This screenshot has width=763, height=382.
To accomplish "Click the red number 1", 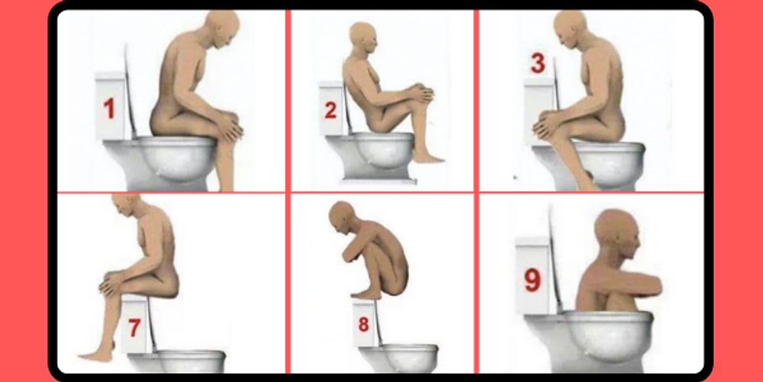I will (109, 109).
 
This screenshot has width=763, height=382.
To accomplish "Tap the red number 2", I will (330, 110).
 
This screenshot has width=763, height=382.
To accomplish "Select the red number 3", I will (537, 64).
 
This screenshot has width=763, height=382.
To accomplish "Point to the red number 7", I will (134, 329).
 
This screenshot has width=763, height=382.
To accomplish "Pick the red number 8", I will (363, 324).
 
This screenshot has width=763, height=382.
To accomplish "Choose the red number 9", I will (532, 281).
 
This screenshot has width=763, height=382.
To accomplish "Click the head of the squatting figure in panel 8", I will (342, 218).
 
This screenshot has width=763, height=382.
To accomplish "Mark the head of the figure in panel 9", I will (618, 233).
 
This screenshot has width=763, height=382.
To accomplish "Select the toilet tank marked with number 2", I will (331, 107).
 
